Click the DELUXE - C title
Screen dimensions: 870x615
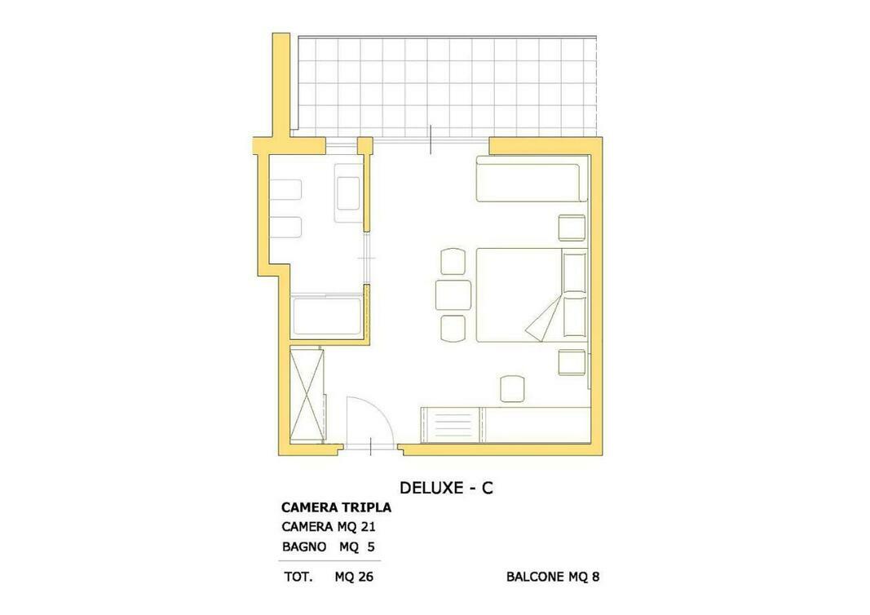click(x=446, y=487)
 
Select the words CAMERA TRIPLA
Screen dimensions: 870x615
click(x=336, y=507)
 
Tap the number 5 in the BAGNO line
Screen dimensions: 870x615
click(x=371, y=546)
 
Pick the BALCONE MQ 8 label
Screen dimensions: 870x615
click(x=553, y=577)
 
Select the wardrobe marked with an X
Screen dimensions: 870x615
click(x=307, y=395)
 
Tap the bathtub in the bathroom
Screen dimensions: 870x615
click(x=327, y=316)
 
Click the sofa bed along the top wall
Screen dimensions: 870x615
click(x=532, y=179)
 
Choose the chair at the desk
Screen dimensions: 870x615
click(x=512, y=389)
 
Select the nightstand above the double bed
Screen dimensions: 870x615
click(x=572, y=228)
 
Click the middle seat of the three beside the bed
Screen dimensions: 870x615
click(x=453, y=295)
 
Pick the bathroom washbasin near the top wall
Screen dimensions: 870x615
click(x=349, y=192)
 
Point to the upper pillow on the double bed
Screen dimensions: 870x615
click(x=574, y=272)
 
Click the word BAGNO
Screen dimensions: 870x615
click(x=304, y=546)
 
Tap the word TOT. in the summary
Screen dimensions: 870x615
click(x=298, y=577)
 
